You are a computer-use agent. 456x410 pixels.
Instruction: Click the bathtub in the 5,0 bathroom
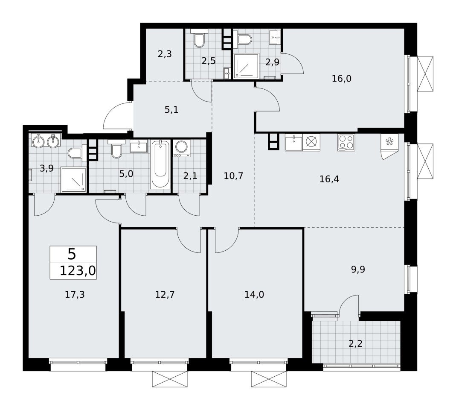click(x=160, y=164)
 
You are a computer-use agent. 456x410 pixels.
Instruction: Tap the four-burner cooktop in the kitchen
click(x=346, y=142)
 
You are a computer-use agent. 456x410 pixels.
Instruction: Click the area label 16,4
click(x=329, y=179)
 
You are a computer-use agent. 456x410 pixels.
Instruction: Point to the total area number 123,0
click(x=78, y=271)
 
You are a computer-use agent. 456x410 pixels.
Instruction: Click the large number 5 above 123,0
click(x=72, y=254)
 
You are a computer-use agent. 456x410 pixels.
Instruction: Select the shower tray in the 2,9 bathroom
click(x=246, y=66)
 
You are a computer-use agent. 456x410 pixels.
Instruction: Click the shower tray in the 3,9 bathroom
click(x=74, y=180)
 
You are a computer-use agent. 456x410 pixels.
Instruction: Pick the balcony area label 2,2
click(x=355, y=344)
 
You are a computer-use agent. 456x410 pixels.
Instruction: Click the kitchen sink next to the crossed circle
click(x=294, y=142)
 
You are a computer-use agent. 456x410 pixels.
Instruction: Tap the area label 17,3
click(x=75, y=295)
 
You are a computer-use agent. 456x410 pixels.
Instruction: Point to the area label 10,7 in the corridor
click(x=233, y=176)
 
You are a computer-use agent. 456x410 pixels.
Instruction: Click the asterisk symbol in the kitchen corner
click(x=388, y=142)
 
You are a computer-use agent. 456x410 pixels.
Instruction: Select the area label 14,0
click(x=254, y=295)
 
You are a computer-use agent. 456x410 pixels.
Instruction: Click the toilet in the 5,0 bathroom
click(x=116, y=149)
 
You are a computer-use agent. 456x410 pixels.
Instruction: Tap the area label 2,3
click(x=165, y=54)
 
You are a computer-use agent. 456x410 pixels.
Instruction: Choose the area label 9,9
click(x=358, y=269)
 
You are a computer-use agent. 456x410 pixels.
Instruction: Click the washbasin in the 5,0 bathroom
click(x=139, y=146)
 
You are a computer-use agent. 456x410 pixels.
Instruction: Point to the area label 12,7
click(x=165, y=295)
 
